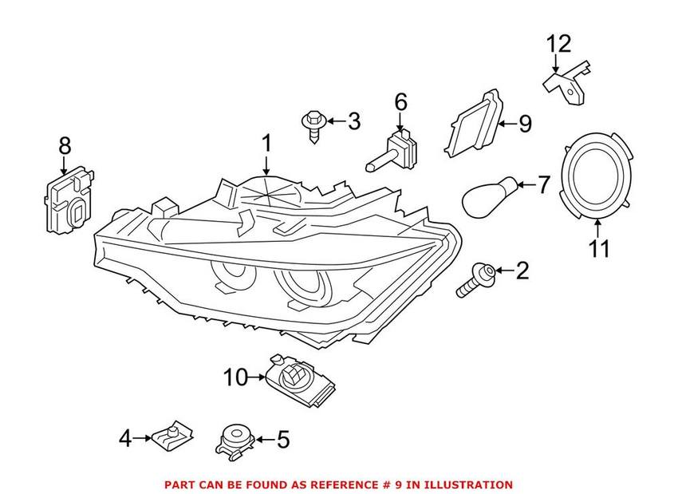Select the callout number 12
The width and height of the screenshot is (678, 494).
click(x=558, y=44)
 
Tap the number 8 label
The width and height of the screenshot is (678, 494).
click(x=65, y=146)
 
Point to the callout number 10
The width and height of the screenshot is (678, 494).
click(x=236, y=377)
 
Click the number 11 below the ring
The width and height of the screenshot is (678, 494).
click(x=599, y=248)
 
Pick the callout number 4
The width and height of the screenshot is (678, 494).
click(x=124, y=437)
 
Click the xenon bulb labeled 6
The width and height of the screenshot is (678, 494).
click(x=394, y=150)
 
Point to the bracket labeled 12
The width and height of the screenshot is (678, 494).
click(x=570, y=83)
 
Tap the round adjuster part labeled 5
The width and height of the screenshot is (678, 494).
click(x=235, y=439)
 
